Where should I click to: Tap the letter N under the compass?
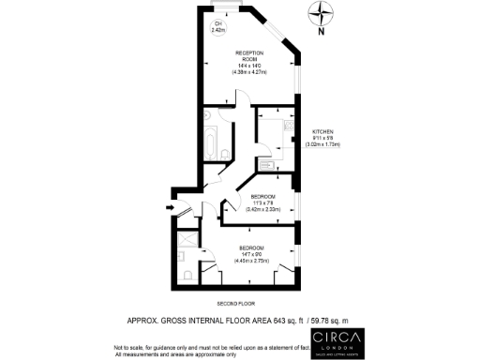tap(322, 33)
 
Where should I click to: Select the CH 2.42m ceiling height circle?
tap(218, 27)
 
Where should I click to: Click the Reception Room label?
tap(249, 55)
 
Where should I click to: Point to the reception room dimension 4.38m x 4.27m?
tap(249, 71)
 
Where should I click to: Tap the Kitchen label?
tap(323, 131)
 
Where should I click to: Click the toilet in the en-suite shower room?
tap(188, 274)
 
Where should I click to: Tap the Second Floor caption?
tap(236, 304)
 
